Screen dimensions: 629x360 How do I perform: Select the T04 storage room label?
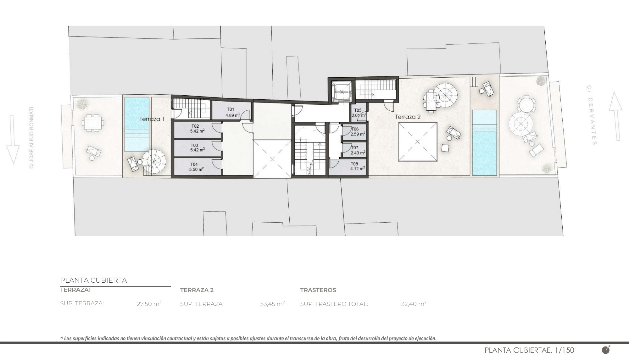pos(194,164)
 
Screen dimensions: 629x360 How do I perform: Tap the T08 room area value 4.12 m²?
pos(358,169)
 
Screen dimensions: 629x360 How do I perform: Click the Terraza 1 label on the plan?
pos(152,119)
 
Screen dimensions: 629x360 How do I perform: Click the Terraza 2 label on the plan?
pos(408,117)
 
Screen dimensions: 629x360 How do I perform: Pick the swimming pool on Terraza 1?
pos(137,124)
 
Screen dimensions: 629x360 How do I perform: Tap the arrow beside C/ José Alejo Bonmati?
pos(13,139)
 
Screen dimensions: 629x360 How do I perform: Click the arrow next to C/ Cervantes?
pos(615,116)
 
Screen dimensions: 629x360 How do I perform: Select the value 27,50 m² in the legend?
pos(149,304)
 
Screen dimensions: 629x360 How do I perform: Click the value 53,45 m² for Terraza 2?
pos(272,304)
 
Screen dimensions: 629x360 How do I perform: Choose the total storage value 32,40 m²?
pos(414,304)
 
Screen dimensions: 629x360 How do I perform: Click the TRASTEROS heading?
pos(318,290)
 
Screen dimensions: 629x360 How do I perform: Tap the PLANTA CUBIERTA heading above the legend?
pos(93,280)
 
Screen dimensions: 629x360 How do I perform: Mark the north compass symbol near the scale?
pos(606,350)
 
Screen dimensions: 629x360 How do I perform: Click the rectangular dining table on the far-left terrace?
pos(92,123)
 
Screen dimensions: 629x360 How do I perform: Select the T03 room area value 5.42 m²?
pos(198,150)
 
